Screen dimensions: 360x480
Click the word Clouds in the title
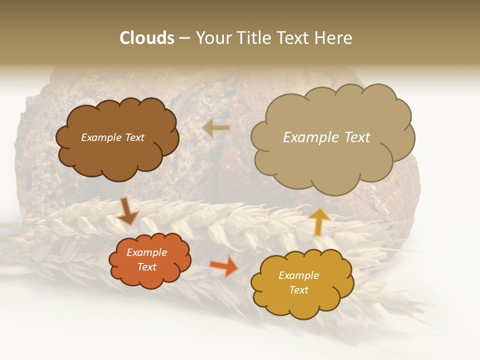pyautogui.click(x=147, y=38)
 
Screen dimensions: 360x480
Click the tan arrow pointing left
pyautogui.click(x=216, y=127)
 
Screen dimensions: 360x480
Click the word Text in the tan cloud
pyautogui.click(x=356, y=137)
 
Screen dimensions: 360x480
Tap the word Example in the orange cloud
pyautogui.click(x=147, y=252)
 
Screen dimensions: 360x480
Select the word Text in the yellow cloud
pyautogui.click(x=298, y=290)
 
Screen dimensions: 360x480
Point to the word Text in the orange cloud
pyautogui.click(x=147, y=267)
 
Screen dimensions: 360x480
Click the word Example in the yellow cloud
pyautogui.click(x=298, y=275)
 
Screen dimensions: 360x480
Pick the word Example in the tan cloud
pyautogui.click(x=311, y=137)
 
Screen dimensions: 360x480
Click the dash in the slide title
pyautogui.click(x=184, y=38)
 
